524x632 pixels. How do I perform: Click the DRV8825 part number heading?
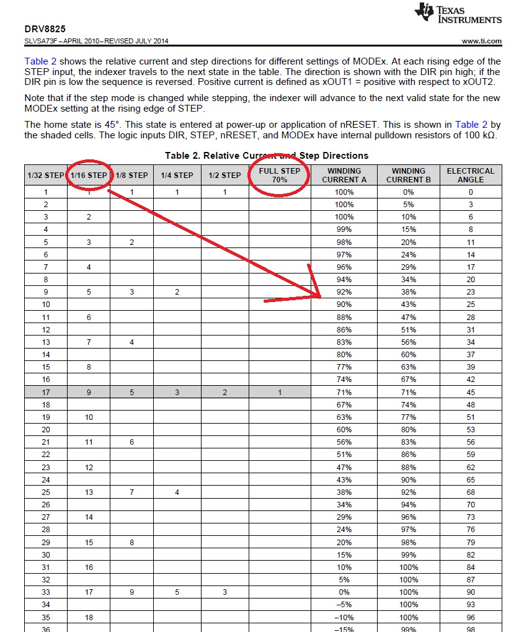pyautogui.click(x=45, y=29)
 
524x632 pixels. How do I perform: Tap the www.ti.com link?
pyautogui.click(x=482, y=41)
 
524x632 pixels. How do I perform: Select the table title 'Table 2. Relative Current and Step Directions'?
pyautogui.click(x=267, y=156)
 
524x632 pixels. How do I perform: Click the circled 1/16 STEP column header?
pyautogui.click(x=89, y=175)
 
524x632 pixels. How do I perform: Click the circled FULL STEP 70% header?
pyautogui.click(x=280, y=175)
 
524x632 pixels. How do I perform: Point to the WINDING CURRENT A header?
pyautogui.click(x=344, y=175)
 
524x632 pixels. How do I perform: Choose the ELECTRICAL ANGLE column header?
pyautogui.click(x=470, y=175)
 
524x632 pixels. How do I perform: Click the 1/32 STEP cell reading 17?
pyautogui.click(x=46, y=392)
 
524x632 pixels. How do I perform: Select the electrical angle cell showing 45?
pyautogui.click(x=471, y=392)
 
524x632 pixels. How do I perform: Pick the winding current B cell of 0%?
pyautogui.click(x=408, y=192)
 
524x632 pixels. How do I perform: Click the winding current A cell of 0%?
pyautogui.click(x=344, y=592)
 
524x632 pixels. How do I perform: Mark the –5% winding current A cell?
pyautogui.click(x=344, y=604)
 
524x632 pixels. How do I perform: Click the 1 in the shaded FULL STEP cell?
pyautogui.click(x=280, y=392)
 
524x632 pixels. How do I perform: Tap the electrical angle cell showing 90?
pyautogui.click(x=471, y=592)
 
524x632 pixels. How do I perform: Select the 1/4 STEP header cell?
pyautogui.click(x=177, y=175)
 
